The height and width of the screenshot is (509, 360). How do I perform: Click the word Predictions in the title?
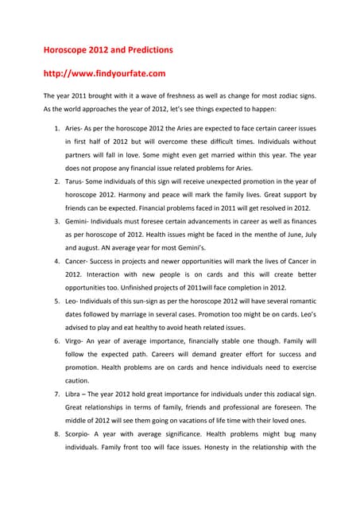click(145, 49)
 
